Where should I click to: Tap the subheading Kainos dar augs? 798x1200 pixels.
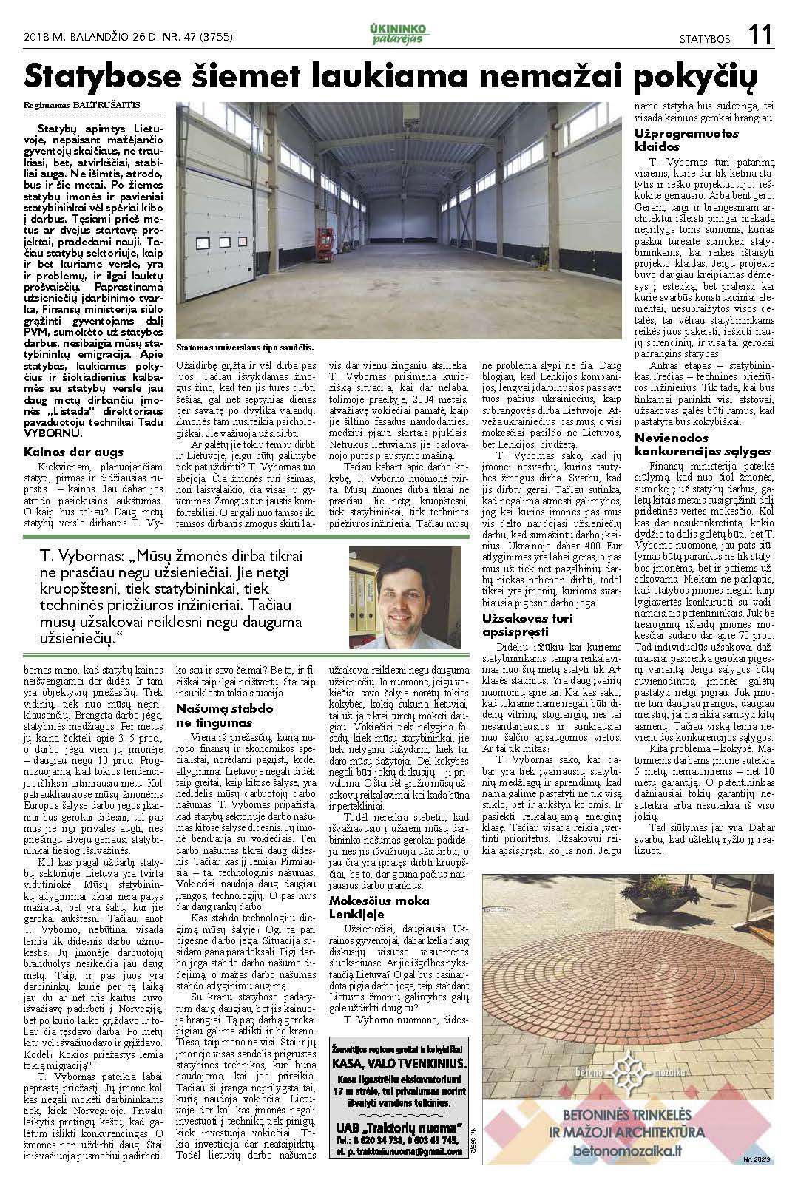pos(73,452)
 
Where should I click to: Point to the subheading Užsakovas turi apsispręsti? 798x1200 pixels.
pos(527,624)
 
